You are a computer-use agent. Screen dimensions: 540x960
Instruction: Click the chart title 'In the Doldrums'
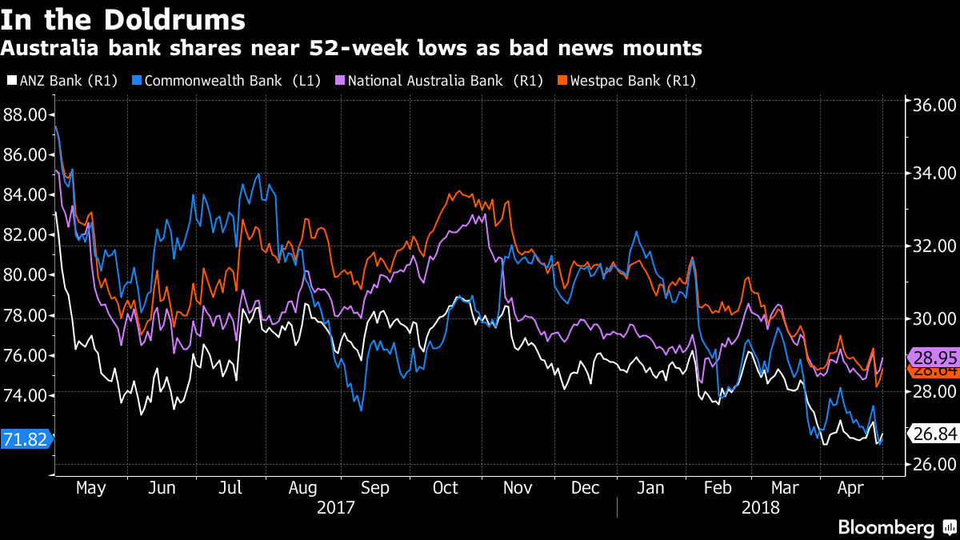123,18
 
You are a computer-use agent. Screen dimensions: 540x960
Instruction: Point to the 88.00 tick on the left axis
25,114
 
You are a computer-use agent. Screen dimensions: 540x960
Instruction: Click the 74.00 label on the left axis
25,395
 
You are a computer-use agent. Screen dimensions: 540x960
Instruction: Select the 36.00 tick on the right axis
934,106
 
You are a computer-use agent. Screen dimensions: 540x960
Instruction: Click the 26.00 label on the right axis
934,464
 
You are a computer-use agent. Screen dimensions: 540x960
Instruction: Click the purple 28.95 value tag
933,358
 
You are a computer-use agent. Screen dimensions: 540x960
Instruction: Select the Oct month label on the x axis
445,487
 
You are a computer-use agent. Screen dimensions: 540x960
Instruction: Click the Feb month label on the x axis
718,487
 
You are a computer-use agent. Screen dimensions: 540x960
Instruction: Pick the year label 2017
336,507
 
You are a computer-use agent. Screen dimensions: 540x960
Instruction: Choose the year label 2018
760,507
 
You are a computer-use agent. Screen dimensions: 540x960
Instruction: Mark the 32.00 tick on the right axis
934,246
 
